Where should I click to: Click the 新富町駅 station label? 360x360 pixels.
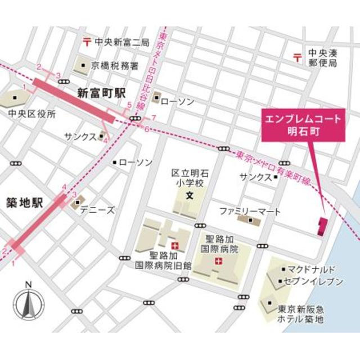[x=101, y=93]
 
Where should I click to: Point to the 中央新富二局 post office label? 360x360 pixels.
[x=121, y=42]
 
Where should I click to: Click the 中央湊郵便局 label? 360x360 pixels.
[x=322, y=58]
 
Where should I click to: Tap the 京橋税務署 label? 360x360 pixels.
[x=115, y=66]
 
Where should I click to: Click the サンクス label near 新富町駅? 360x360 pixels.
[x=80, y=137]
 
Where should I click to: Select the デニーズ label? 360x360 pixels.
[x=97, y=210]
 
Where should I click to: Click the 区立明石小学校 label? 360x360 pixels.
[x=190, y=178]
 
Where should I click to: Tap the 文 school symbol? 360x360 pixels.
[x=190, y=197]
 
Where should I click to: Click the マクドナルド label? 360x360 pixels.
[x=311, y=269]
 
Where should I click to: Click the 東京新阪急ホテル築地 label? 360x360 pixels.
[x=301, y=314]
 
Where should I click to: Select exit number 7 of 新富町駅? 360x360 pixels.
[x=153, y=118]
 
